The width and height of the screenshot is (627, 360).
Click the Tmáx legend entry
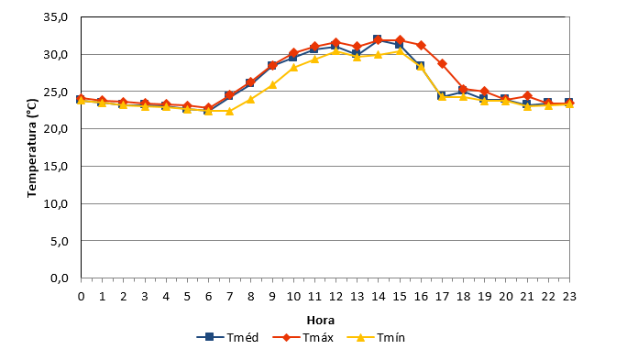pos(303,338)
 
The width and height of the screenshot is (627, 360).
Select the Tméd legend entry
pos(227,338)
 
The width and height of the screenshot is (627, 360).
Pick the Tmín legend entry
pos(376,338)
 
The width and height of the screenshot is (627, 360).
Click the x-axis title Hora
pos(320,321)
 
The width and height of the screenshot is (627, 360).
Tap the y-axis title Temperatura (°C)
pos(31,148)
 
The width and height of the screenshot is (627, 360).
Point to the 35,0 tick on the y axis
pos(56,17)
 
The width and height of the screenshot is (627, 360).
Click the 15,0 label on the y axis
pos(56,166)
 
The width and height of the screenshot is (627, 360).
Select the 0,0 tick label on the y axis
pos(60,278)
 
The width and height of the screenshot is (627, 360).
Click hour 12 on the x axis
pos(335,297)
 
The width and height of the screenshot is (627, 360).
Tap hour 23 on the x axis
pos(569,297)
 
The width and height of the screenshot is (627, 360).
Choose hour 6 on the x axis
pos(208,297)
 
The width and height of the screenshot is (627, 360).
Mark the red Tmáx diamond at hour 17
pos(442,63)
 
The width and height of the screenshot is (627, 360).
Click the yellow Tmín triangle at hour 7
pos(229,111)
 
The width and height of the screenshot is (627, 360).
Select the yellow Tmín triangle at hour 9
pos(272,84)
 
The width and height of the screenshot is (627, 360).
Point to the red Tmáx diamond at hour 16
pos(421,45)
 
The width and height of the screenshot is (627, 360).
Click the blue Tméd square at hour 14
pos(377,38)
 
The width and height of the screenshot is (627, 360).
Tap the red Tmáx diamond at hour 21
pos(527,96)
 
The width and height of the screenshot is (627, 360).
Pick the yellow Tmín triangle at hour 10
pos(293,67)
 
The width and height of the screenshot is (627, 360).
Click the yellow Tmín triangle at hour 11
pos(314,60)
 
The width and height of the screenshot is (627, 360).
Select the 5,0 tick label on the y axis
pos(60,241)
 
